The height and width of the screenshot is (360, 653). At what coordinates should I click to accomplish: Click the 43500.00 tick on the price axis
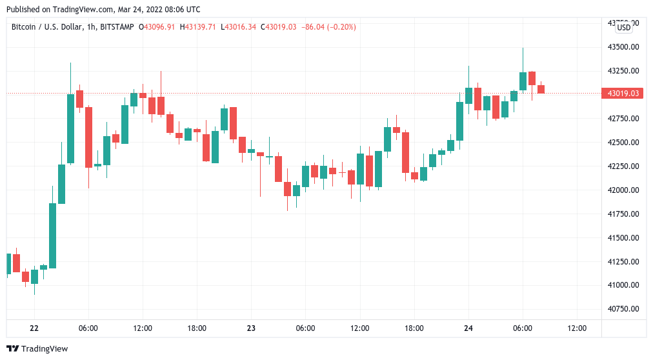(624, 47)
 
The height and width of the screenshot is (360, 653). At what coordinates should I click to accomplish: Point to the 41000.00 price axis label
(624, 285)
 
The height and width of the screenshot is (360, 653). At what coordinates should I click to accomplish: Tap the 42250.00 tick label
(624, 166)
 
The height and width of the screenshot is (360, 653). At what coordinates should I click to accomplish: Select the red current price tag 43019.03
(623, 94)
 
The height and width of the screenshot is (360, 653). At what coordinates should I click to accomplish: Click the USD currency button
(624, 27)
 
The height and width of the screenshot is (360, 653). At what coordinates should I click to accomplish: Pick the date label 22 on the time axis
(34, 328)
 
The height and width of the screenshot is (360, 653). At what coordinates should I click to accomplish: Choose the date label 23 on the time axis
(251, 328)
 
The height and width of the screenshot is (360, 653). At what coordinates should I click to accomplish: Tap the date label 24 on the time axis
(468, 328)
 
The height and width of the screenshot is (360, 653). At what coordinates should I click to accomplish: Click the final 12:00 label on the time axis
(577, 328)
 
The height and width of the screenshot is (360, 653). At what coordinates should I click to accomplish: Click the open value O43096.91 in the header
(159, 27)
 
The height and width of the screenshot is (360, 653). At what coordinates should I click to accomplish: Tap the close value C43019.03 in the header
(278, 27)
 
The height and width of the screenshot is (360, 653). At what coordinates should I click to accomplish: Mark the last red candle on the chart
(541, 89)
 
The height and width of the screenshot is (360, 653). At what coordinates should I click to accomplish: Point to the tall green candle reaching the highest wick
(523, 81)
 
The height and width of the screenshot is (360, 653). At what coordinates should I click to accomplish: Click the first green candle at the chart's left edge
(9, 263)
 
